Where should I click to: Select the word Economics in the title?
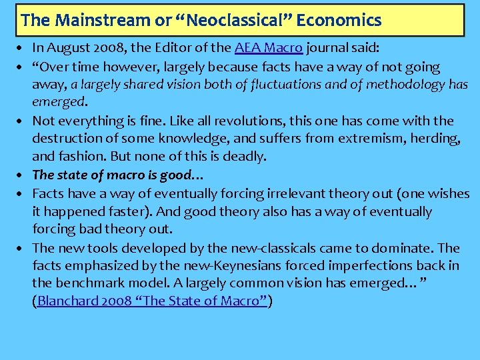tap(339, 20)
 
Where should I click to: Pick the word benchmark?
tap(89, 283)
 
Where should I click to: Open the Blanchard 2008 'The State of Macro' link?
tap(153, 301)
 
